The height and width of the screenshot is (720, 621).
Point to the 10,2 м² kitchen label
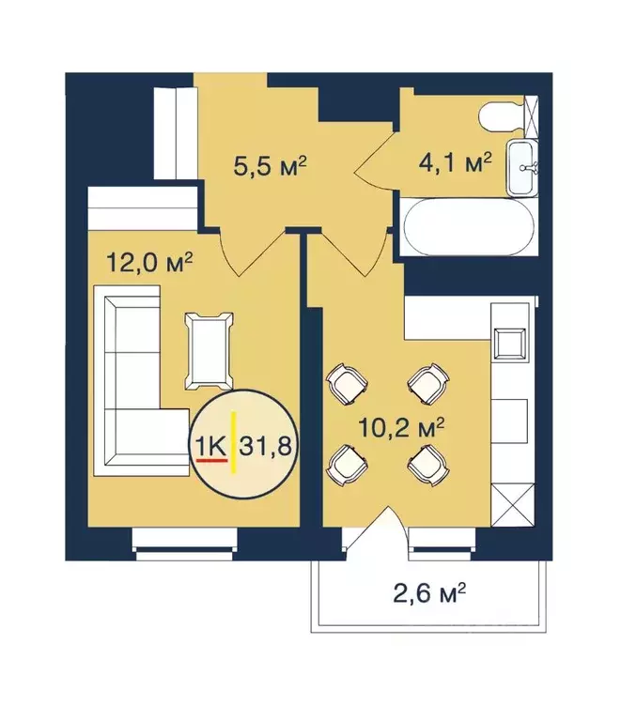click(x=401, y=427)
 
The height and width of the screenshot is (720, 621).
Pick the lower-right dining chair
click(x=426, y=460)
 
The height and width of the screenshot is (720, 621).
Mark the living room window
click(x=183, y=539)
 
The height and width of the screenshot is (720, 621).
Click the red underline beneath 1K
click(x=210, y=460)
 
